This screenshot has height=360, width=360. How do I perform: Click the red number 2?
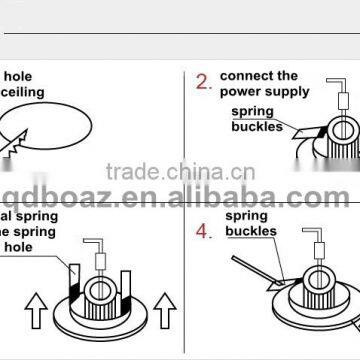(204, 82)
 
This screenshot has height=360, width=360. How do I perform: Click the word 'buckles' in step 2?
(254, 128)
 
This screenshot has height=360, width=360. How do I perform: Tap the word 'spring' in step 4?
(246, 215)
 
